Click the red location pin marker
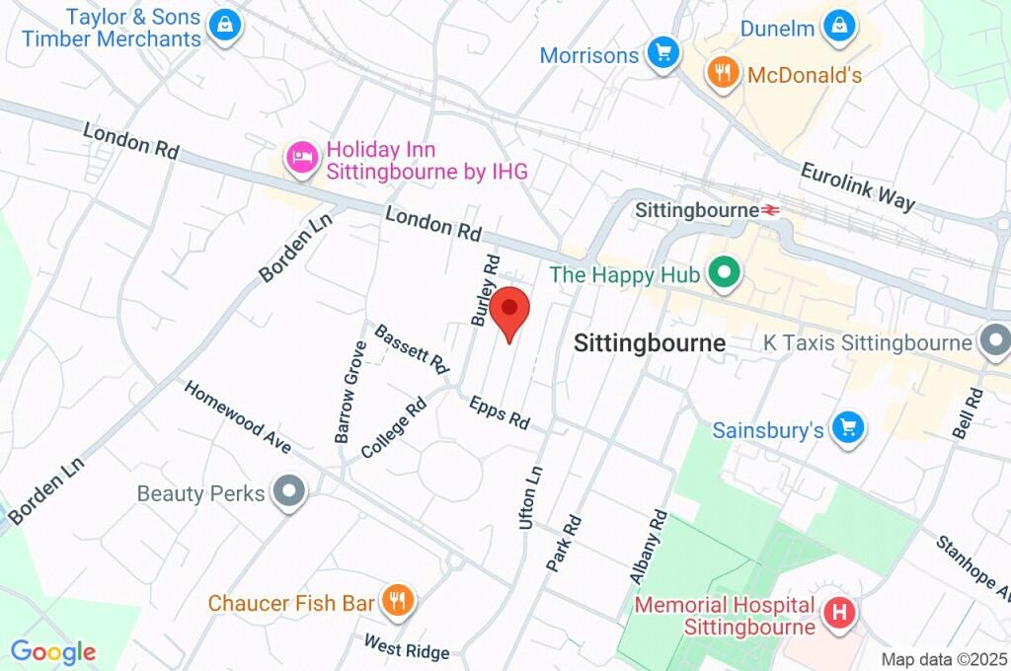click(x=509, y=310)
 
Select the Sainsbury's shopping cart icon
click(x=847, y=429)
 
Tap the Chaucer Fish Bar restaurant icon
click(x=398, y=601)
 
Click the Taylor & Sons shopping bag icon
click(x=226, y=27)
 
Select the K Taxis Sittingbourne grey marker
click(x=995, y=342)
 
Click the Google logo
click(x=53, y=651)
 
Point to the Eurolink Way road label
click(x=856, y=186)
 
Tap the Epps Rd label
click(x=500, y=411)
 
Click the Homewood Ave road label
click(x=237, y=416)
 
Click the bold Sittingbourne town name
click(x=650, y=342)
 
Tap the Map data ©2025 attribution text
click(x=944, y=659)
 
